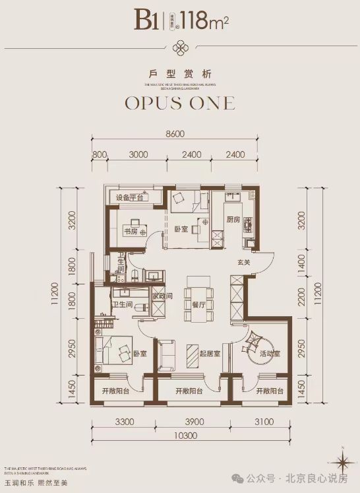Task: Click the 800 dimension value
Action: click(100, 156)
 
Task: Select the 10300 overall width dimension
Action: click(189, 436)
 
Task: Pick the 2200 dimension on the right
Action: click(303, 306)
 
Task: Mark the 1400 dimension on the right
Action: click(303, 268)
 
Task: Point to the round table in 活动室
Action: click(253, 346)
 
